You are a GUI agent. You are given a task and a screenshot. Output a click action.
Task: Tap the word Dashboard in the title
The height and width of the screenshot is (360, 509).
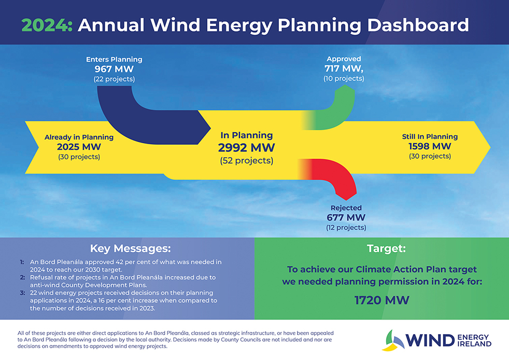(418, 25)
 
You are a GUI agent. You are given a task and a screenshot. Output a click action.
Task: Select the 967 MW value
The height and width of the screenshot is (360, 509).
(114, 69)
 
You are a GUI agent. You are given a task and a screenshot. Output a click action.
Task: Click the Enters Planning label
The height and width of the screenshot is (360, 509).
(114, 60)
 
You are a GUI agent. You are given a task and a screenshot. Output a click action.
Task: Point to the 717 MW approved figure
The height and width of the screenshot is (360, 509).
(344, 68)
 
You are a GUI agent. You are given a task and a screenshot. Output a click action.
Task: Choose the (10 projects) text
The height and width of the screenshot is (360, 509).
(344, 79)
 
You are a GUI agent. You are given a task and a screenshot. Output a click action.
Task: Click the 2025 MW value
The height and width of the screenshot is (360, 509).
(79, 147)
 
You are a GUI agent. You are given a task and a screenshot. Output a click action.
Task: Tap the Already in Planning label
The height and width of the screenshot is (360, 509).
(79, 137)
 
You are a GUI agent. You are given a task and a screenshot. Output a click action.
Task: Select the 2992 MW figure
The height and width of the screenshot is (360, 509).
(246, 147)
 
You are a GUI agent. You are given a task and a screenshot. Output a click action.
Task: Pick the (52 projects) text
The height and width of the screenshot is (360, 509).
(246, 160)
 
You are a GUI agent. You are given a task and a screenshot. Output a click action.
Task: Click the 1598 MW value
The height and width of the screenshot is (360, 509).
(430, 146)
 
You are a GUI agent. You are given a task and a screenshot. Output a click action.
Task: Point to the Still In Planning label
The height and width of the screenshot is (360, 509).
(430, 136)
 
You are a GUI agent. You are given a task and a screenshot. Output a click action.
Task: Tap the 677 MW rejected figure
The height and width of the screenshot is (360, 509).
(346, 217)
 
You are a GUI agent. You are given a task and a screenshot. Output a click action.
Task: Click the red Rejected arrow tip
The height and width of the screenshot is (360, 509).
(346, 200)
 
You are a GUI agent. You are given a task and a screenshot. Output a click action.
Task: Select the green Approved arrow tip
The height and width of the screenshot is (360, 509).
(345, 85)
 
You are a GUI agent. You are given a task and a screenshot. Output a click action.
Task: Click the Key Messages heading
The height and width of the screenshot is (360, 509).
(130, 248)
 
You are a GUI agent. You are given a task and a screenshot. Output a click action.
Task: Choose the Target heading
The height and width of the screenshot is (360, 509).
(386, 248)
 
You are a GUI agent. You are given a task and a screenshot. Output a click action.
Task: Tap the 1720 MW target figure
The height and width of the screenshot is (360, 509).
(381, 300)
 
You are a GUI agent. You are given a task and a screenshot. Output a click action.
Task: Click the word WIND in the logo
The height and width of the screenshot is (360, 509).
(430, 340)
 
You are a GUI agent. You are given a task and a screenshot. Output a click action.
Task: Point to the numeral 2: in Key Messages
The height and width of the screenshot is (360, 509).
(22, 278)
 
